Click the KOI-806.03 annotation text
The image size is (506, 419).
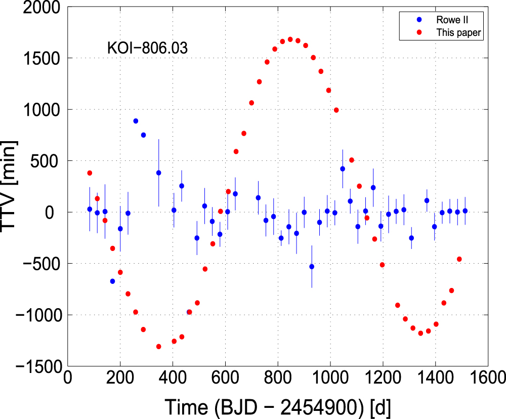tap(147, 49)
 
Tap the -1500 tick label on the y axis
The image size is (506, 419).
tap(37, 366)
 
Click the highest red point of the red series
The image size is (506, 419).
tap(290, 39)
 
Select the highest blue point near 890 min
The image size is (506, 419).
tap(136, 121)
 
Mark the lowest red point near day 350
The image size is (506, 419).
tap(159, 347)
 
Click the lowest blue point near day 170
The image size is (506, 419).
tap(112, 281)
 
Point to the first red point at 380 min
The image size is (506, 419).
tap(90, 173)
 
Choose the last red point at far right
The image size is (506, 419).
tap(459, 259)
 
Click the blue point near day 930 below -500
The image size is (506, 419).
tap(312, 267)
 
